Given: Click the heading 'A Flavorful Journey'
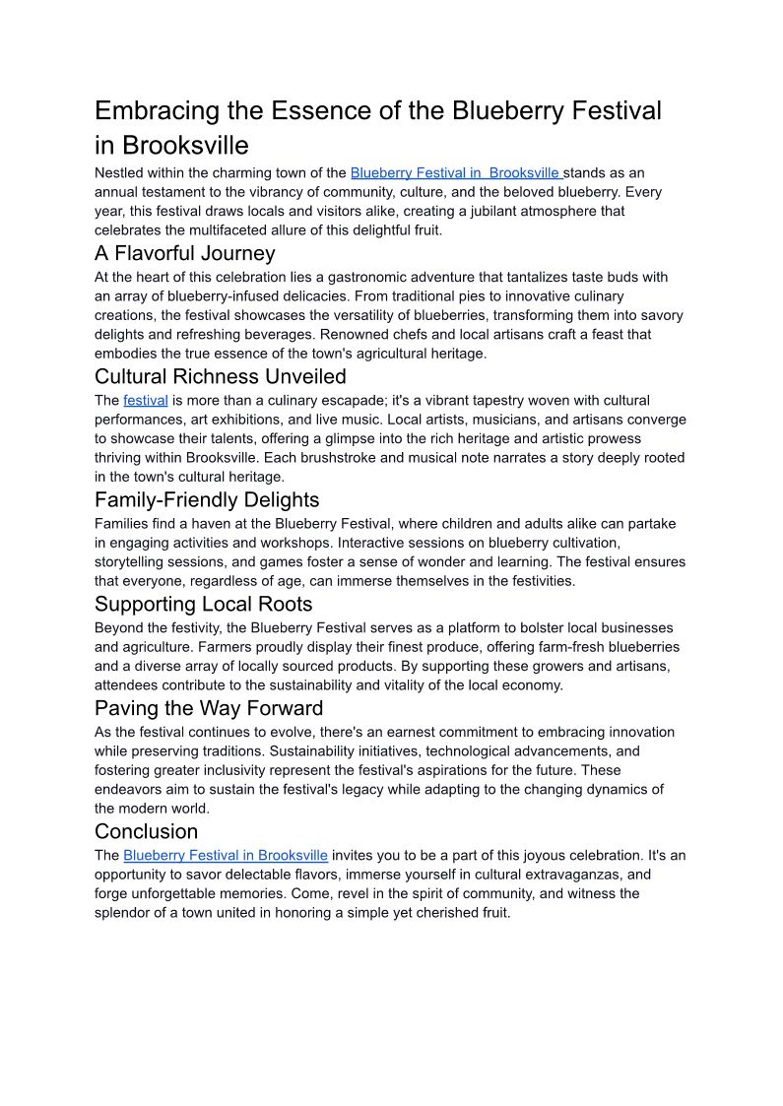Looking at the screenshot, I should click(x=184, y=253).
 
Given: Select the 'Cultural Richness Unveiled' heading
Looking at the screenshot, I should click(x=220, y=376).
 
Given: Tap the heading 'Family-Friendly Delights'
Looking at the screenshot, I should click(x=207, y=499).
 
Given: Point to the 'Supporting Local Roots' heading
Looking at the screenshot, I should click(x=203, y=604).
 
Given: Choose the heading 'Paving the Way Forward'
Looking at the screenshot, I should click(x=209, y=708).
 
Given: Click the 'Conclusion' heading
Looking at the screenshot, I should click(x=146, y=831).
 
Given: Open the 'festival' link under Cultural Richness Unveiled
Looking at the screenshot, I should click(x=146, y=401).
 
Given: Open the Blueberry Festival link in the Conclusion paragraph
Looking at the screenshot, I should click(x=226, y=855).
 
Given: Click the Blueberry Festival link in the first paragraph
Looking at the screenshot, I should click(x=456, y=172).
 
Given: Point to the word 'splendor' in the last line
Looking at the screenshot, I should click(x=125, y=913).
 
